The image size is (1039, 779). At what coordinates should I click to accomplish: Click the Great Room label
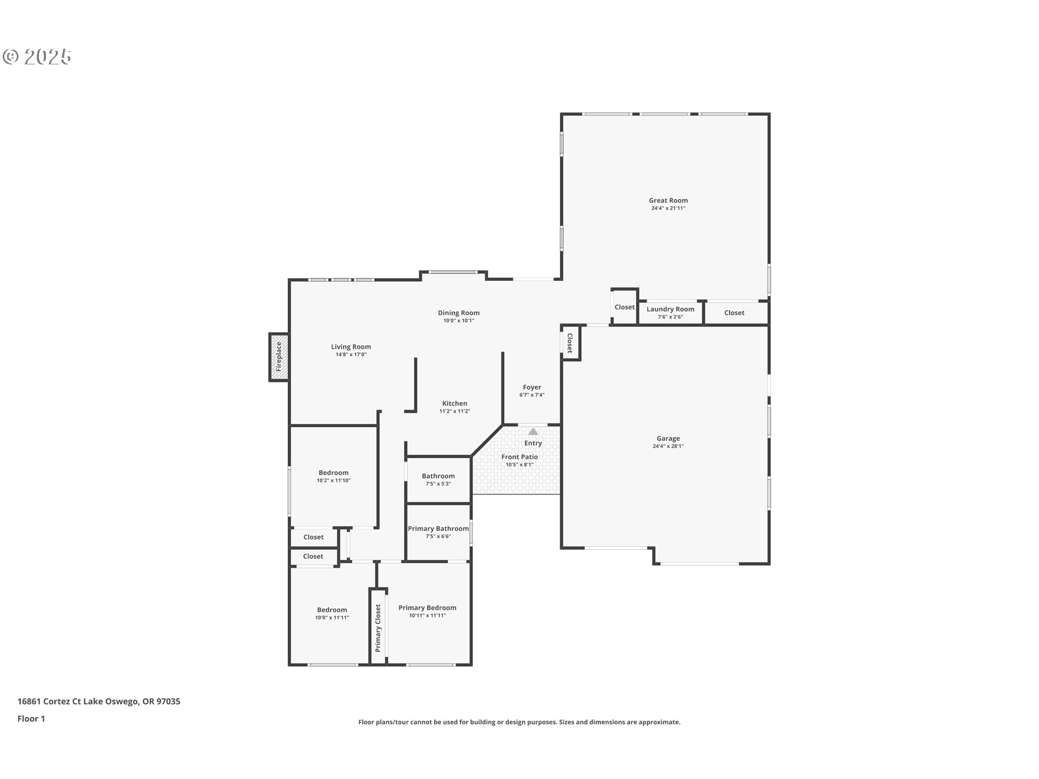[x=668, y=200]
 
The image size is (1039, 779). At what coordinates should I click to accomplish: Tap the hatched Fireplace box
[x=279, y=358]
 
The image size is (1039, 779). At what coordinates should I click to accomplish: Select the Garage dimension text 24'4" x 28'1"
[x=668, y=446]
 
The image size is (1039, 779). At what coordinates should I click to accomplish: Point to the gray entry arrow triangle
[x=533, y=432]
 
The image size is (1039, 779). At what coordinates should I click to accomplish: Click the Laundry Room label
[x=670, y=309]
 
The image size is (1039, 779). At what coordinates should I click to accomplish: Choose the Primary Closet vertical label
[x=378, y=628]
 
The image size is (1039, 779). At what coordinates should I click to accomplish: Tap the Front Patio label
[x=519, y=457]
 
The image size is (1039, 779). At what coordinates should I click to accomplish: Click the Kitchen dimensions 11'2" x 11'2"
[x=455, y=411]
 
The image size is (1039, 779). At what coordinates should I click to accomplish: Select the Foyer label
[x=531, y=387]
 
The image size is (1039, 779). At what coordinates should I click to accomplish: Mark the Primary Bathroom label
[x=438, y=529]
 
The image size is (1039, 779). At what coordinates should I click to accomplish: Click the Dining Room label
[x=458, y=313]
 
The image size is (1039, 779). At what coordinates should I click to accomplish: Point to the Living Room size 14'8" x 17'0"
[x=351, y=354]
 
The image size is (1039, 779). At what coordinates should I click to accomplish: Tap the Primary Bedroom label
[x=427, y=608]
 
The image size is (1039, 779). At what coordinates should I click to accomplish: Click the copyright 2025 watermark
[x=37, y=57]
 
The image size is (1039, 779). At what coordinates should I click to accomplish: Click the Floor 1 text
[x=31, y=718]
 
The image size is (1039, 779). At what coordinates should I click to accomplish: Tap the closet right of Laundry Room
[x=734, y=313]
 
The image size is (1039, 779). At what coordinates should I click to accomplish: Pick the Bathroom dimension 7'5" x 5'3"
[x=438, y=484]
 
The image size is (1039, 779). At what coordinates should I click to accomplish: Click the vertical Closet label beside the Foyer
[x=570, y=343]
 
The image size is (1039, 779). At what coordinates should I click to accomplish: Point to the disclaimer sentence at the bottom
[x=519, y=722]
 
